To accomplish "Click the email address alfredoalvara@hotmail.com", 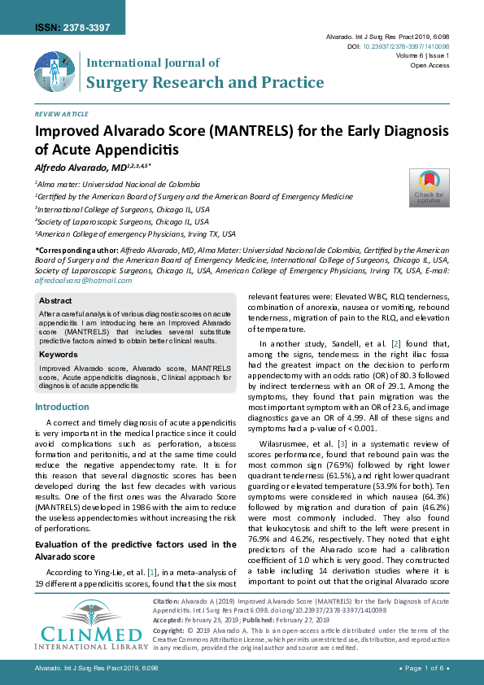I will point(83,280).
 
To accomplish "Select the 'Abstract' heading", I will point(55,300).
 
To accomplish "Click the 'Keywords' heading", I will point(58,355).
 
